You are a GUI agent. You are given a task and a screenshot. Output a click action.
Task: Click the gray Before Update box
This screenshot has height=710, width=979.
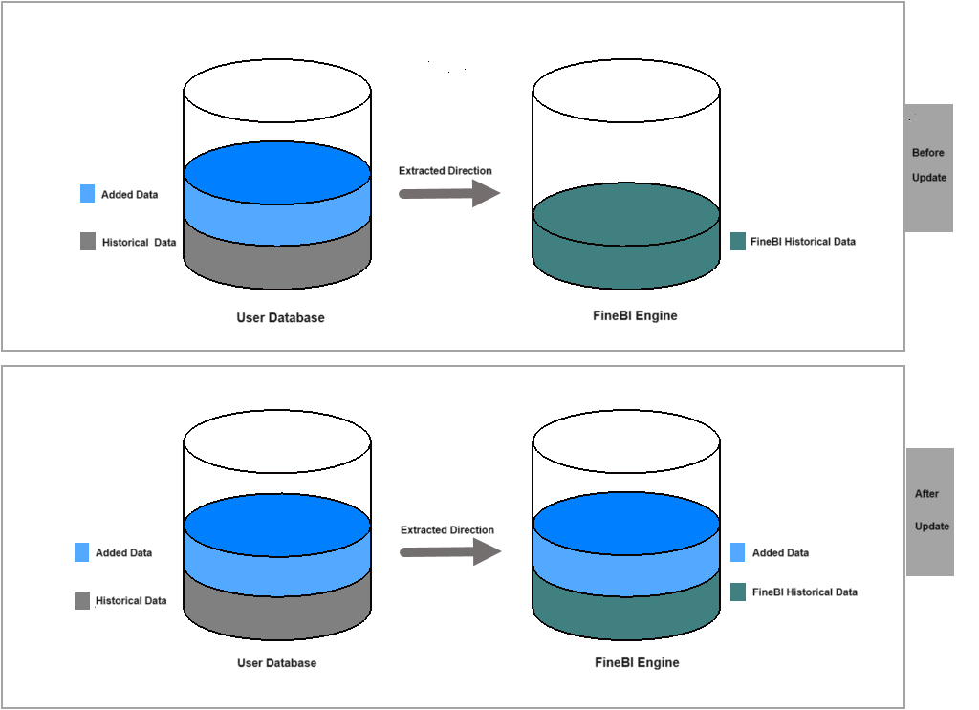click(x=928, y=167)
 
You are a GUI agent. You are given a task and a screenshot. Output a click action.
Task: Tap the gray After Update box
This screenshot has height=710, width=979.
click(x=930, y=511)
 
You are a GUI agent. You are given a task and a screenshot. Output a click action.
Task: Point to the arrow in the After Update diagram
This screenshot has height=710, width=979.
click(x=450, y=552)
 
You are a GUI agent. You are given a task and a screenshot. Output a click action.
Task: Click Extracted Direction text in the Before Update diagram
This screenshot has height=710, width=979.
click(x=446, y=171)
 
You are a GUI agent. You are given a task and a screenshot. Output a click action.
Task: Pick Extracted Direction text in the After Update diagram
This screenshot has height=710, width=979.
click(x=447, y=530)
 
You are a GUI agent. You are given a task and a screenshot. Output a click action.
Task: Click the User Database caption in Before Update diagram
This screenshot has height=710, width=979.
click(x=280, y=317)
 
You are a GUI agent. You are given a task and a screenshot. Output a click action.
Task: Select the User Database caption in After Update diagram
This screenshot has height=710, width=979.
click(x=276, y=663)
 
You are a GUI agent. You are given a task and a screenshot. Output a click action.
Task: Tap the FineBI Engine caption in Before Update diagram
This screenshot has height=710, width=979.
click(x=635, y=315)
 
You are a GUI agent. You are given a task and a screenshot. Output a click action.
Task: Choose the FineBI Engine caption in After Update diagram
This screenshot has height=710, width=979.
click(x=637, y=662)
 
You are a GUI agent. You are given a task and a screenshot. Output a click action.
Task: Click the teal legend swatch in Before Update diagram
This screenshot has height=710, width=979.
click(x=738, y=242)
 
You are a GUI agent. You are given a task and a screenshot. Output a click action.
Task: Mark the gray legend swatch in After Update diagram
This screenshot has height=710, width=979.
click(x=82, y=601)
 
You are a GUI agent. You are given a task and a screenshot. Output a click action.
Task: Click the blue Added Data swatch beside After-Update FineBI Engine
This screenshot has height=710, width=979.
click(x=738, y=552)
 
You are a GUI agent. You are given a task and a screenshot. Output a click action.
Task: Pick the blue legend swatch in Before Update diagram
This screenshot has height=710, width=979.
click(x=88, y=194)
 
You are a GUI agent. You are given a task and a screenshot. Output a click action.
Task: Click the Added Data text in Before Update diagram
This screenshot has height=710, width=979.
click(x=129, y=195)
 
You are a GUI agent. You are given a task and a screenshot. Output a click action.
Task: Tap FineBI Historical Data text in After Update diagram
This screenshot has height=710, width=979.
click(x=805, y=592)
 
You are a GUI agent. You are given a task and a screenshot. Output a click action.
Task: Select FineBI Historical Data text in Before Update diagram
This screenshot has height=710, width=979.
click(x=803, y=242)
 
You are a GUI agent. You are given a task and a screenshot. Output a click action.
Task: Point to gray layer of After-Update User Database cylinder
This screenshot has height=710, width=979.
click(x=276, y=612)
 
